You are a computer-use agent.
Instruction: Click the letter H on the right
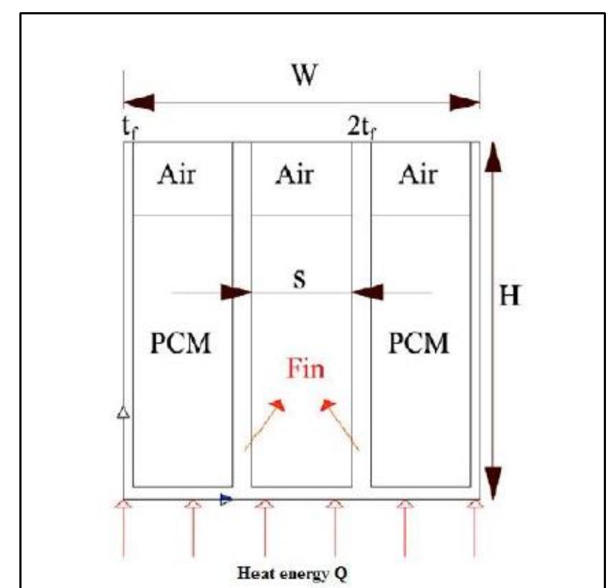[x=509, y=296]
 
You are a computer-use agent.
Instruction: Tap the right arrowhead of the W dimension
[x=464, y=102]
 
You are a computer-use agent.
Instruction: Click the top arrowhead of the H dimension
[x=492, y=158]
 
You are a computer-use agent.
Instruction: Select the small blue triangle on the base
[x=226, y=498]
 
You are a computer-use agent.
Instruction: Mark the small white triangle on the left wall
[x=123, y=413]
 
